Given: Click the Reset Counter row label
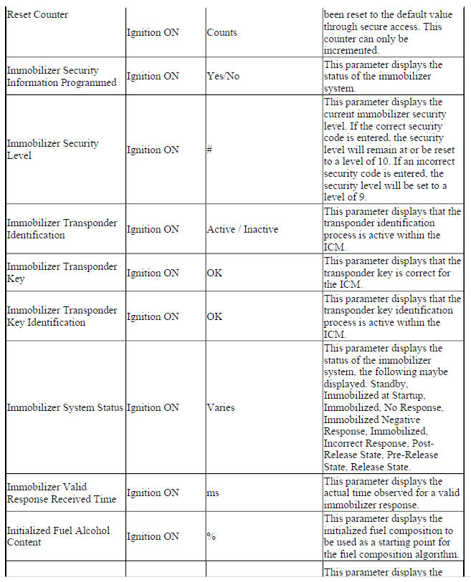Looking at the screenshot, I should click(38, 14).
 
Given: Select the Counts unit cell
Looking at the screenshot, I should click(222, 32).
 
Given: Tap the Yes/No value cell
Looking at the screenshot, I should click(223, 76).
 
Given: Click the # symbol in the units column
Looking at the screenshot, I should click(210, 150).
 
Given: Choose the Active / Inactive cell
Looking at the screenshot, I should click(242, 229).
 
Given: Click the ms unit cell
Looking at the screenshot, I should click(213, 493).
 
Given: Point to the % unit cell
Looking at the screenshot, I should click(211, 536).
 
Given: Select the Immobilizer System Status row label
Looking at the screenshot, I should click(65, 407).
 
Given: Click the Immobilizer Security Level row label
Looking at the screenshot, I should click(52, 149).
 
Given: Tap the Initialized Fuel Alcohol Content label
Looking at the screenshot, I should click(58, 536).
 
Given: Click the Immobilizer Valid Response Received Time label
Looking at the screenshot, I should click(61, 493).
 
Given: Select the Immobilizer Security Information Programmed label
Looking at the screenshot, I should click(61, 76).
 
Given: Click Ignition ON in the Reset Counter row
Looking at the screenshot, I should click(153, 32).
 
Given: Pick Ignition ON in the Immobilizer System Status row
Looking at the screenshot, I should click(153, 407).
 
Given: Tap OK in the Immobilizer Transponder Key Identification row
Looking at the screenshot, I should click(214, 316).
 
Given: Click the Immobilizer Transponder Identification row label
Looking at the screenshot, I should click(62, 229).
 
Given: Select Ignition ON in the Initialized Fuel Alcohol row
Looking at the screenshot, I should click(153, 536).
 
